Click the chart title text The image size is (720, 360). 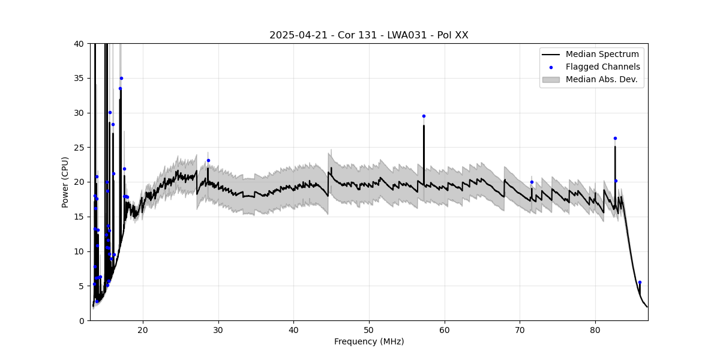coord(368,35)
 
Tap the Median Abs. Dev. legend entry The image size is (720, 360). coord(601,79)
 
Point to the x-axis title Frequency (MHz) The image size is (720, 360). coord(369,341)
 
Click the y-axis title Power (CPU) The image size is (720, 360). coord(65,182)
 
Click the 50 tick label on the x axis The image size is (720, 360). coord(369,329)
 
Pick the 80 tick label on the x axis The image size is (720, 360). coord(595,329)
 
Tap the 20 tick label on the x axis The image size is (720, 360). coord(143,329)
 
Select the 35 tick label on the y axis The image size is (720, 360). coord(79,78)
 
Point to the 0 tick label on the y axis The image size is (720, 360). coord(81,320)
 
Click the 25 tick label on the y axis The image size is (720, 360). coord(79,148)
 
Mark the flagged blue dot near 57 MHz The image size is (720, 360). coord(424,116)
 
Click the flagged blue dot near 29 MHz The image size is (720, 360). coord(208,160)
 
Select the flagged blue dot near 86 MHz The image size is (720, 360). coord(640,282)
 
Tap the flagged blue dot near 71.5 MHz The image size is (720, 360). coord(532,182)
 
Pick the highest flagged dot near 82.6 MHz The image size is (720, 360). coord(615,138)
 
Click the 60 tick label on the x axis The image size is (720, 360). coord(445,329)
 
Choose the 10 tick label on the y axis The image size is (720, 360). coord(79,251)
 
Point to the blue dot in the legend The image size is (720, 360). coord(551,67)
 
